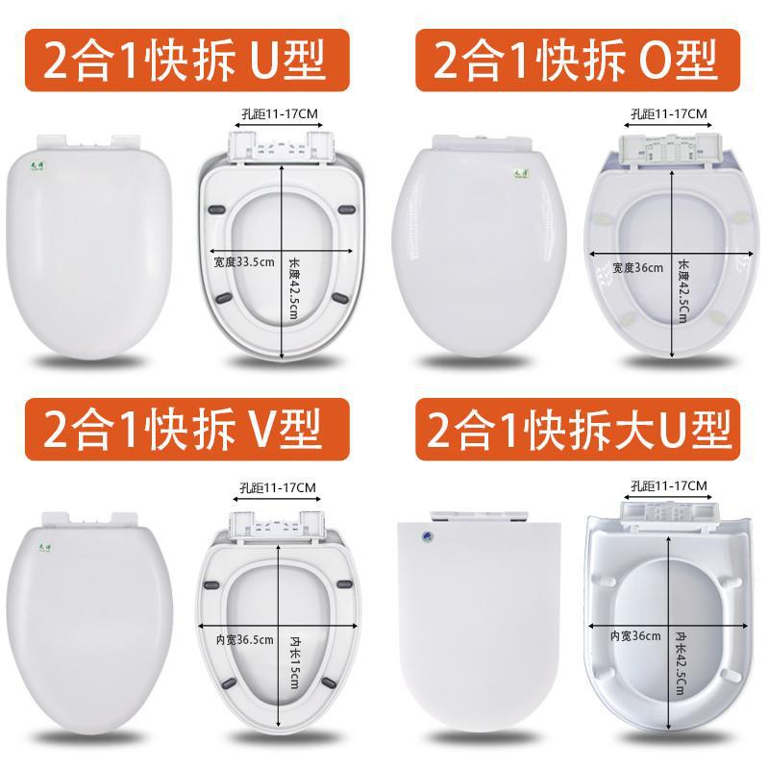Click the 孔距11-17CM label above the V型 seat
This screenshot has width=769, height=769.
point(279,487)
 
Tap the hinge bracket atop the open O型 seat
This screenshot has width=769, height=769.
point(666,149)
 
